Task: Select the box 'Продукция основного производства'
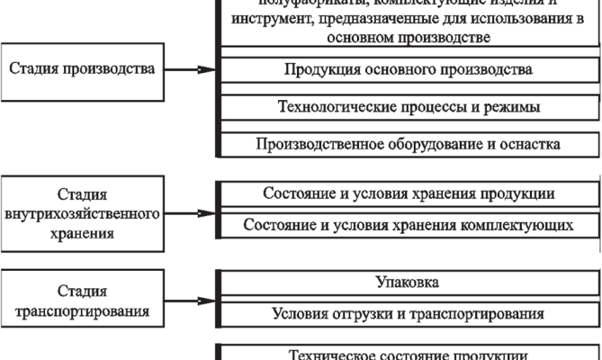pyautogui.click(x=408, y=69)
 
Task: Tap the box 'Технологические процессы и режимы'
pyautogui.click(x=408, y=107)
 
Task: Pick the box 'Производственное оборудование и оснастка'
pyautogui.click(x=408, y=144)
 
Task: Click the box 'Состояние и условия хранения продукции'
pyautogui.click(x=408, y=193)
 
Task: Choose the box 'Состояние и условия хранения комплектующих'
pyautogui.click(x=408, y=224)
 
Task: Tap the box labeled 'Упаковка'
pyautogui.click(x=408, y=283)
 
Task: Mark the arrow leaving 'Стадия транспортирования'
pyautogui.click(x=193, y=302)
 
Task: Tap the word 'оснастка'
pyautogui.click(x=530, y=144)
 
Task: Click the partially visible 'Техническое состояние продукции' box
pyautogui.click(x=408, y=353)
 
